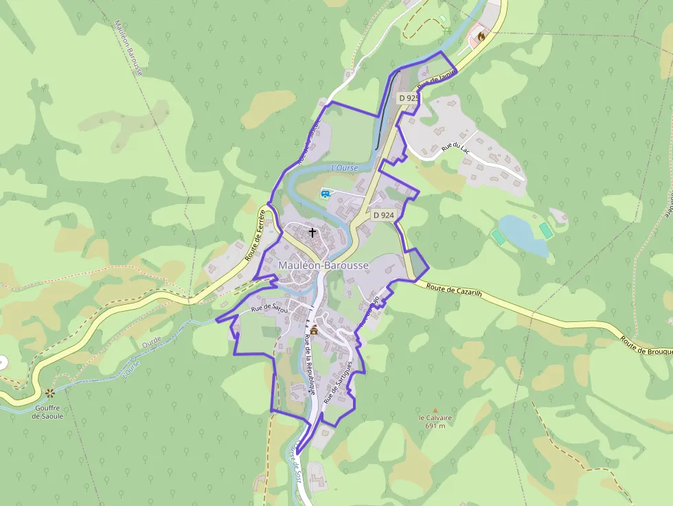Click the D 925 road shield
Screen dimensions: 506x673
(409, 98)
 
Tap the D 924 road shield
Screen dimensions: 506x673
(384, 215)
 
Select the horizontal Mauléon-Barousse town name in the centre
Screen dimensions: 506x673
(323, 265)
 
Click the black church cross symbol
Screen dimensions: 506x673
(312, 232)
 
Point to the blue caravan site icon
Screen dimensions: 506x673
(326, 194)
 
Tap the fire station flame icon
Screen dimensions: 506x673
(481, 38)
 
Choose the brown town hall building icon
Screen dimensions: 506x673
(314, 330)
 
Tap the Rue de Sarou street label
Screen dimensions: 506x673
(268, 308)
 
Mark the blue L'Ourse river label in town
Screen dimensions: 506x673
(345, 168)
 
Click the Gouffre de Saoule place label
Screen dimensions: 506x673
(49, 412)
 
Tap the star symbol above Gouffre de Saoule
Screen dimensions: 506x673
(49, 393)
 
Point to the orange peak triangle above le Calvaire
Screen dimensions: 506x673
(435, 410)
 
